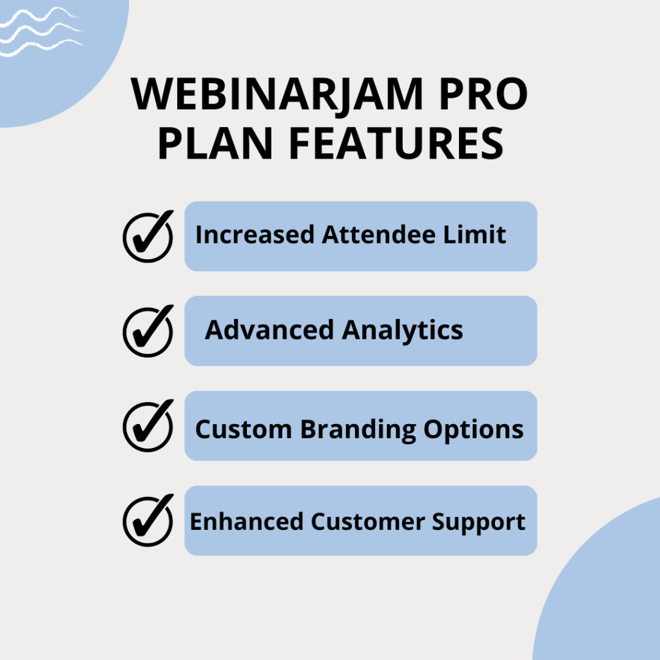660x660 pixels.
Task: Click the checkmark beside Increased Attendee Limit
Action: coord(148,236)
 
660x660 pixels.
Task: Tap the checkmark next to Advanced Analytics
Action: coord(148,331)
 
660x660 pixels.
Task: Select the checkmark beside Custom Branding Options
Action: coord(148,425)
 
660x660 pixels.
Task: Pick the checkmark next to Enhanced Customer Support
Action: coord(148,520)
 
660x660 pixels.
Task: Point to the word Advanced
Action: coord(270,330)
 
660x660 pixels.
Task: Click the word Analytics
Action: coord(402,331)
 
